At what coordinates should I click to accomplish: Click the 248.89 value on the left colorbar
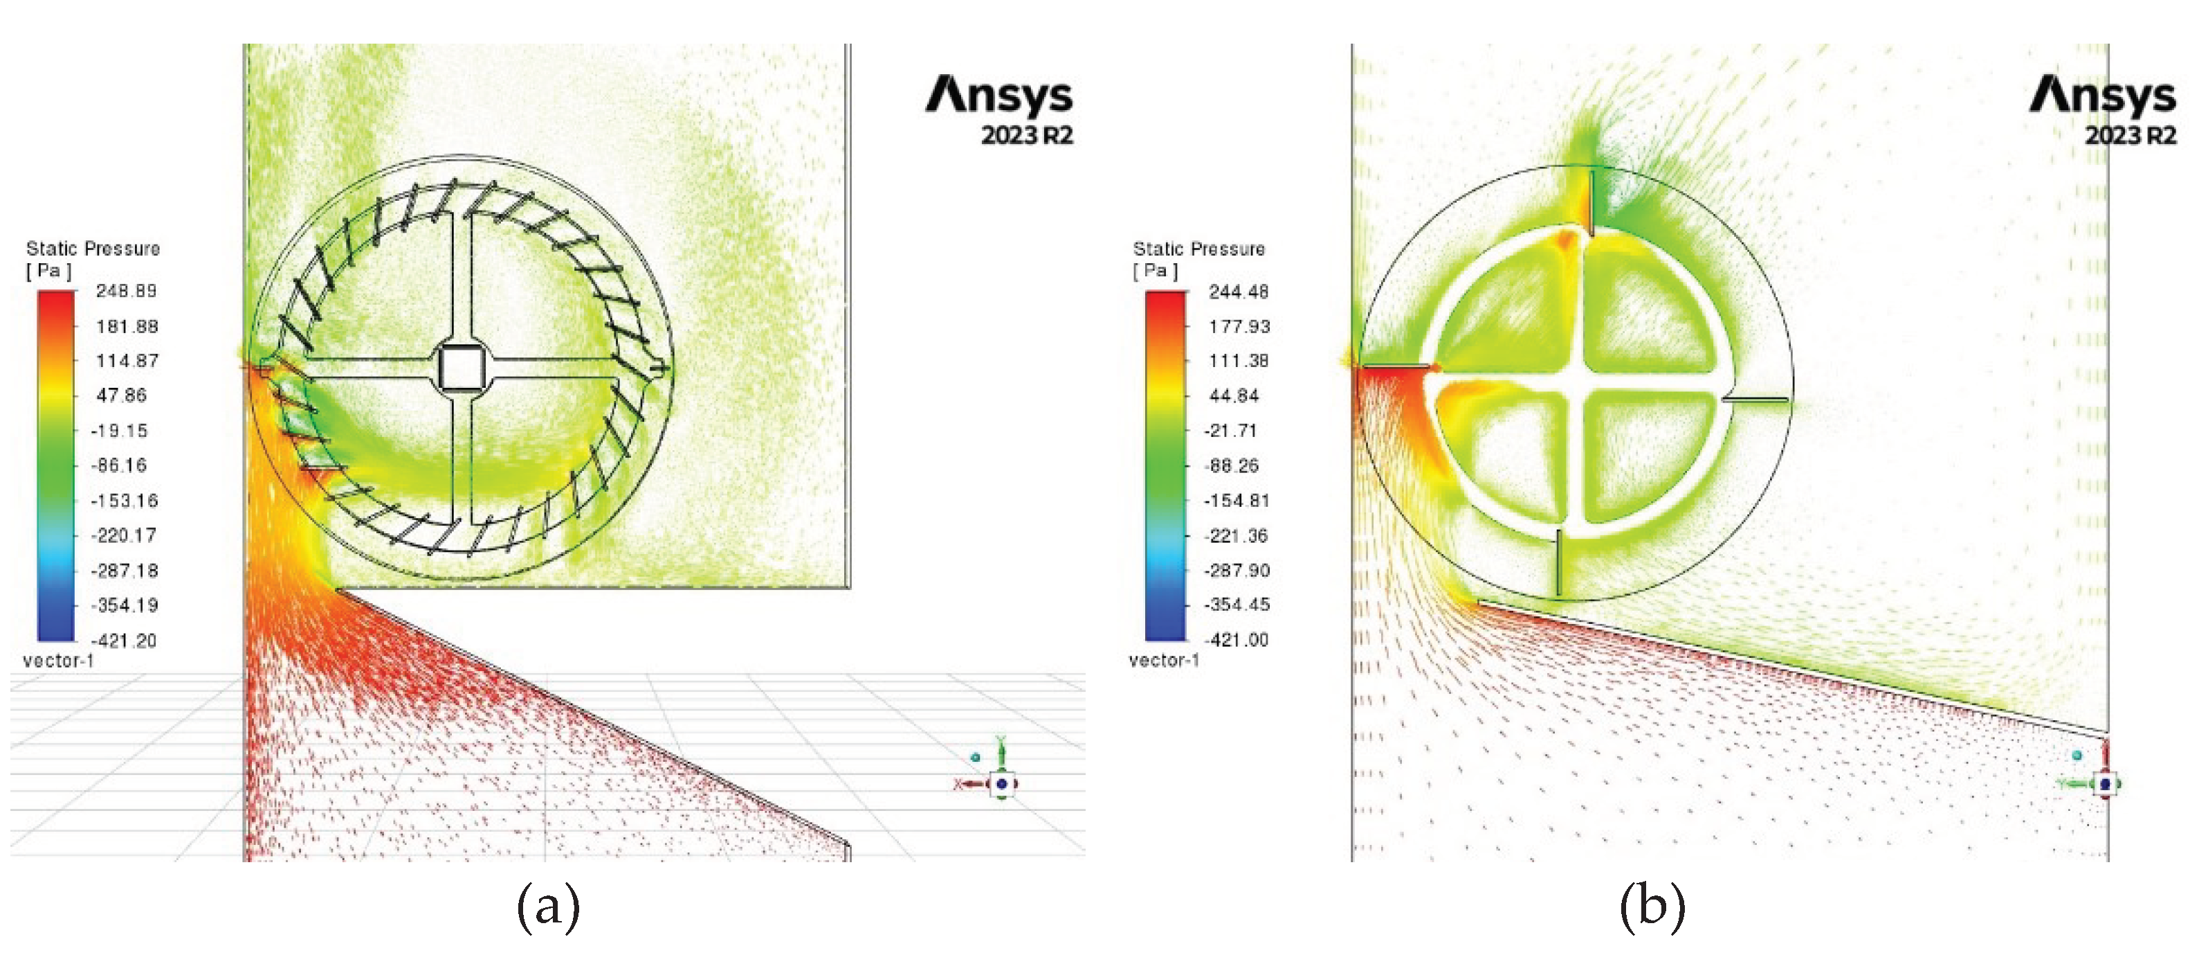click(127, 292)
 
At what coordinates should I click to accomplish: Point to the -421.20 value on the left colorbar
click(124, 641)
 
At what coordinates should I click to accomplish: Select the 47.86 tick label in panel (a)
click(121, 395)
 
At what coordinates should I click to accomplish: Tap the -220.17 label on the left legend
click(124, 535)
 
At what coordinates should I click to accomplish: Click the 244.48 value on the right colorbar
click(1239, 292)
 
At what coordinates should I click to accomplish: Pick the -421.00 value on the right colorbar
click(1236, 640)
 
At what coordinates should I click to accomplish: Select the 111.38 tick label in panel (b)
click(1239, 362)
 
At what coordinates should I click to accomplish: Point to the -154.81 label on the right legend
click(1236, 501)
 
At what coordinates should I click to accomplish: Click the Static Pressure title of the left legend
click(93, 249)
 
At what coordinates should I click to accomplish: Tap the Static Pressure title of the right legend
click(1199, 249)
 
